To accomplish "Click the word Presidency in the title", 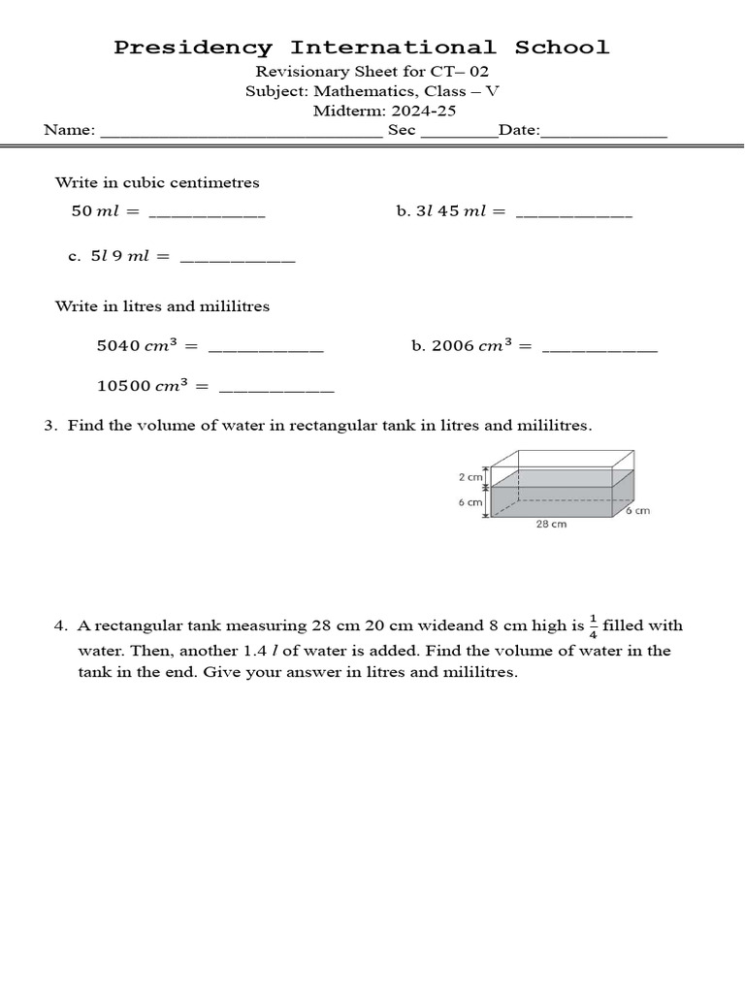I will click(194, 48).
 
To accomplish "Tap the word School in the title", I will click(562, 48).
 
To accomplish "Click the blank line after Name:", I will click(242, 132).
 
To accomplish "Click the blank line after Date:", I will click(603, 132).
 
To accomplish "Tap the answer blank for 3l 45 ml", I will click(573, 211).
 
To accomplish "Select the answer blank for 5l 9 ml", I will click(238, 258).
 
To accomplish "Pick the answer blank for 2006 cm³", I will click(599, 346).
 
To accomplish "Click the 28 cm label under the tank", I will click(551, 524).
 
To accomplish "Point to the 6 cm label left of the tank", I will click(470, 502).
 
